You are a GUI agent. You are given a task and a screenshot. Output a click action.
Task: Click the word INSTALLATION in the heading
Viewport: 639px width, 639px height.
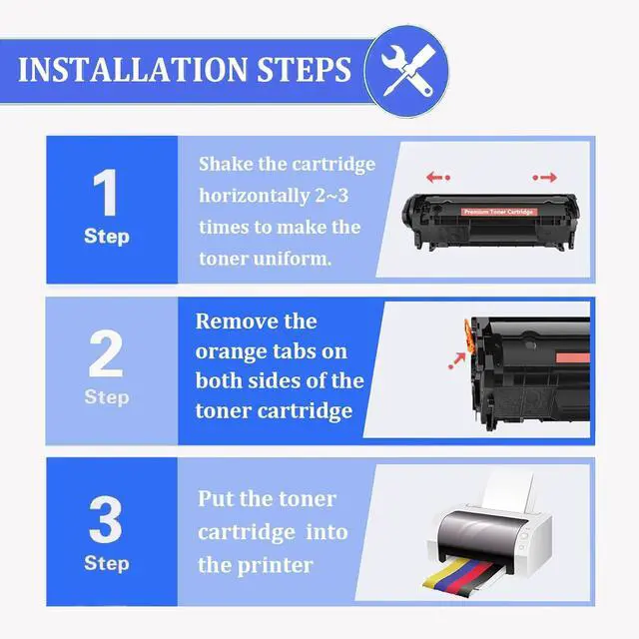tap(133, 69)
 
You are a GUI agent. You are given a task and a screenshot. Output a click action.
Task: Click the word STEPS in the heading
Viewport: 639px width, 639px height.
tap(304, 69)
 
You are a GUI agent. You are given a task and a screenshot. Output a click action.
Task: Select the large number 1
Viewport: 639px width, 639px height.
tap(106, 193)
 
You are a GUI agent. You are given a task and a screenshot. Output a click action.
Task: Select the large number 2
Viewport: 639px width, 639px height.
tap(106, 353)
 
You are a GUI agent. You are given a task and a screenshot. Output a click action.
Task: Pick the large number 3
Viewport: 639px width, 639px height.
tap(106, 519)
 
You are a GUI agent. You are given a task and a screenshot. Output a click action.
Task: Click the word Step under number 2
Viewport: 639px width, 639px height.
tap(107, 397)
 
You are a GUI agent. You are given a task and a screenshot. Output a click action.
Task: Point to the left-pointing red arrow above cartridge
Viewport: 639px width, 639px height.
tap(438, 178)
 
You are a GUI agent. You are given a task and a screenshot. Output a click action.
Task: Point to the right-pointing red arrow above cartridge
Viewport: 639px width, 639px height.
tap(545, 178)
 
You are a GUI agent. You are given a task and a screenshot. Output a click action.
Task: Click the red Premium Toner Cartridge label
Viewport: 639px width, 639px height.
tap(499, 212)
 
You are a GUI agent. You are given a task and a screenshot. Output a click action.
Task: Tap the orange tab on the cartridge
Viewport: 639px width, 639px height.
tap(470, 336)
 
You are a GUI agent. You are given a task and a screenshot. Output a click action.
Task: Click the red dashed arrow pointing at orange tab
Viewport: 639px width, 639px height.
tap(457, 361)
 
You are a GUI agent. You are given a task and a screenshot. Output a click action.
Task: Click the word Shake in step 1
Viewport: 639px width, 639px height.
tap(226, 164)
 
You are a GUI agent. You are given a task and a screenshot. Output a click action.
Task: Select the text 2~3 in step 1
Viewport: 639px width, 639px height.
tap(331, 196)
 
